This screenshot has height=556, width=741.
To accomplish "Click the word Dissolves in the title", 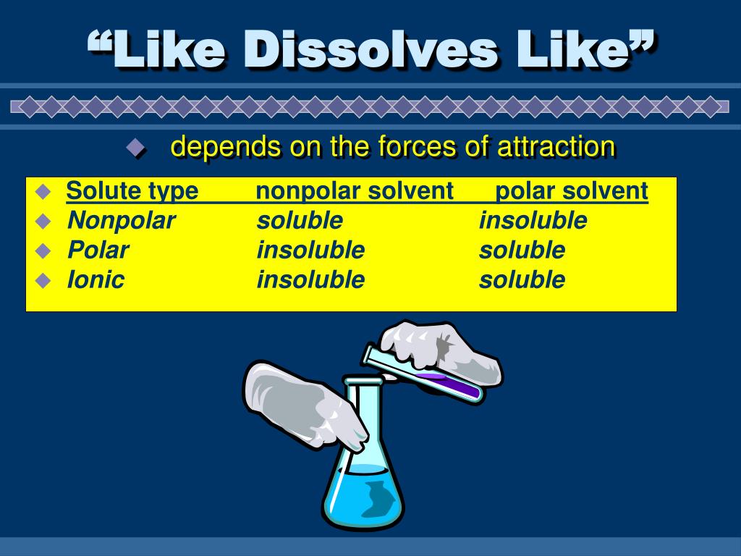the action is click(x=370, y=49).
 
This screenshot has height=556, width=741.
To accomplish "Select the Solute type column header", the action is click(x=132, y=191).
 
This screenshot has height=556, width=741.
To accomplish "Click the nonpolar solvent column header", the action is click(x=355, y=191).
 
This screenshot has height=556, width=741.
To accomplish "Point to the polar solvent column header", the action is click(x=572, y=191).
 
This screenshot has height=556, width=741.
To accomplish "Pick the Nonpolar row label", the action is click(x=122, y=221).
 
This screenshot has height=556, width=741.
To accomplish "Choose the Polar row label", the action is click(x=98, y=250).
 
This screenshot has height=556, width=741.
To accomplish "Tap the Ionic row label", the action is click(x=96, y=279).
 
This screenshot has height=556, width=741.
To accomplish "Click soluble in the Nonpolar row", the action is click(x=300, y=221).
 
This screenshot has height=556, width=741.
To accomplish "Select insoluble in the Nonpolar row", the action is click(x=533, y=221).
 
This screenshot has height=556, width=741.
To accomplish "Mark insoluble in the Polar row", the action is click(x=310, y=250).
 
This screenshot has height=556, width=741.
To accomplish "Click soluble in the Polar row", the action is click(x=522, y=250).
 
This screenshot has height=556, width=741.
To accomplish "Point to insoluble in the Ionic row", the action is click(x=310, y=279).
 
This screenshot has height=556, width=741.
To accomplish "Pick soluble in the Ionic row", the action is click(x=522, y=279).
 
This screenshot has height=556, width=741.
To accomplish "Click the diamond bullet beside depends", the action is click(x=135, y=148).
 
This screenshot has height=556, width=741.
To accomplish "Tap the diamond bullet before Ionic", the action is click(x=43, y=280).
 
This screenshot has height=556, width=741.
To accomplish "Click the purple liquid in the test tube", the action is click(x=449, y=384).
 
